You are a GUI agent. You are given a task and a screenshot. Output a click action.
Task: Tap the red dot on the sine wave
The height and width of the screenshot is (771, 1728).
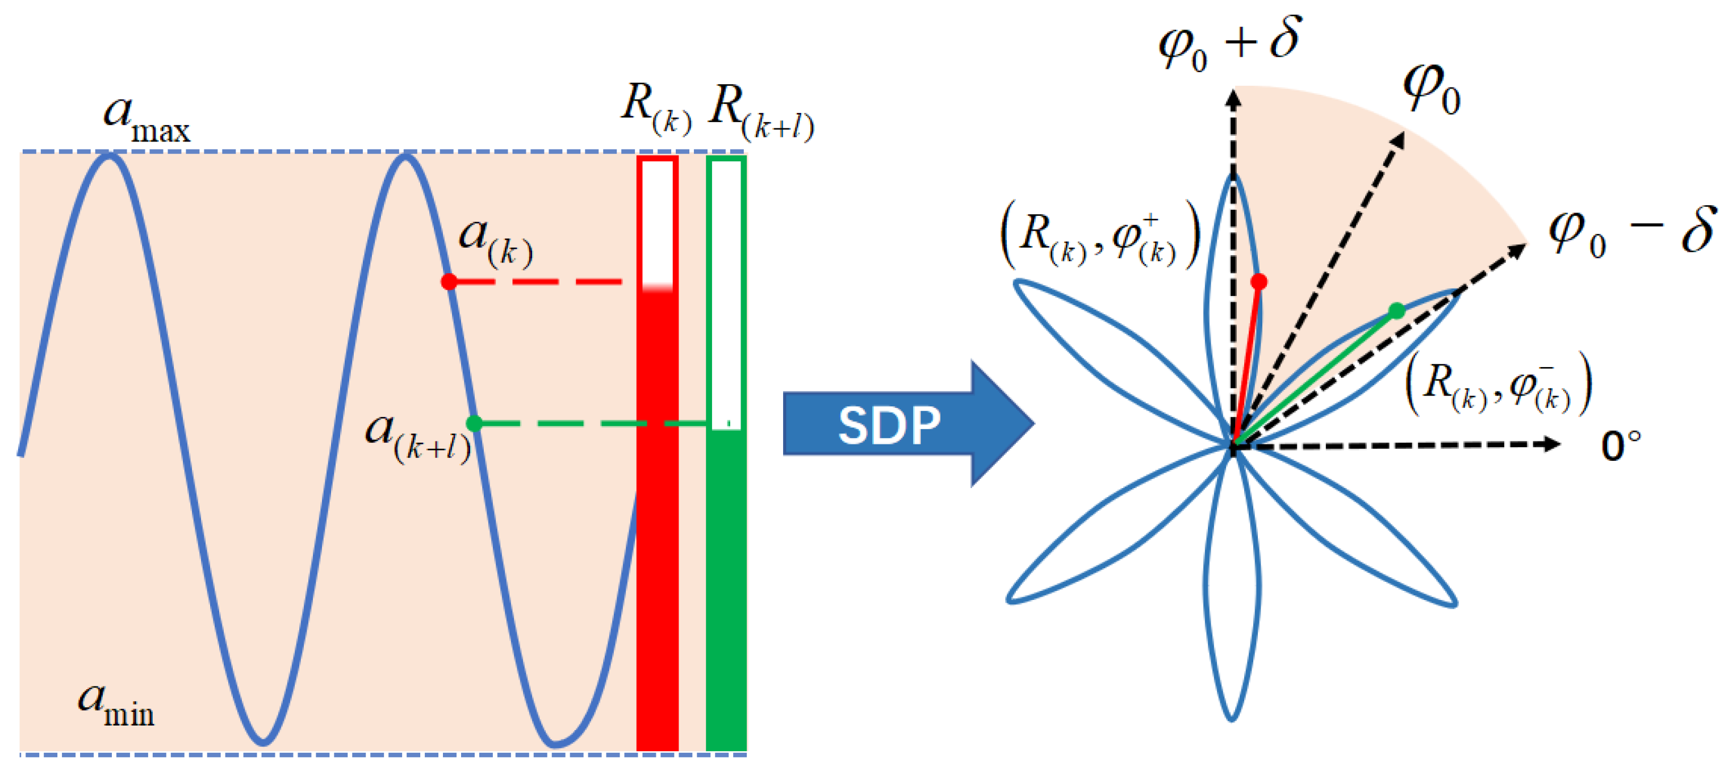(x=449, y=282)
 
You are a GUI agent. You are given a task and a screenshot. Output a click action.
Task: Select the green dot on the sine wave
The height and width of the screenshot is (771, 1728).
(x=474, y=423)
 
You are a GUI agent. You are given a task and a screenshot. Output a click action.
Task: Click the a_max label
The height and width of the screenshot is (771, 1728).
(x=147, y=119)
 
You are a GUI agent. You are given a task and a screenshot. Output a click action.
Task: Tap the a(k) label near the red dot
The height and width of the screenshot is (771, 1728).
(x=496, y=241)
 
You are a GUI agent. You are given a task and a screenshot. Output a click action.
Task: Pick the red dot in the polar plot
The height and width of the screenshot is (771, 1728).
(x=1258, y=281)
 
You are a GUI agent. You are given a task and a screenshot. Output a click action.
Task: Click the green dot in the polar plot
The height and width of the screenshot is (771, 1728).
(x=1396, y=311)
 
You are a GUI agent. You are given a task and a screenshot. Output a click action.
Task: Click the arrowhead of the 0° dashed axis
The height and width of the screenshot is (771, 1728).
(x=1550, y=444)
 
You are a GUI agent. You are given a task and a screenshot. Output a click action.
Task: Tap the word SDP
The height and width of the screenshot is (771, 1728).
(x=889, y=426)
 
